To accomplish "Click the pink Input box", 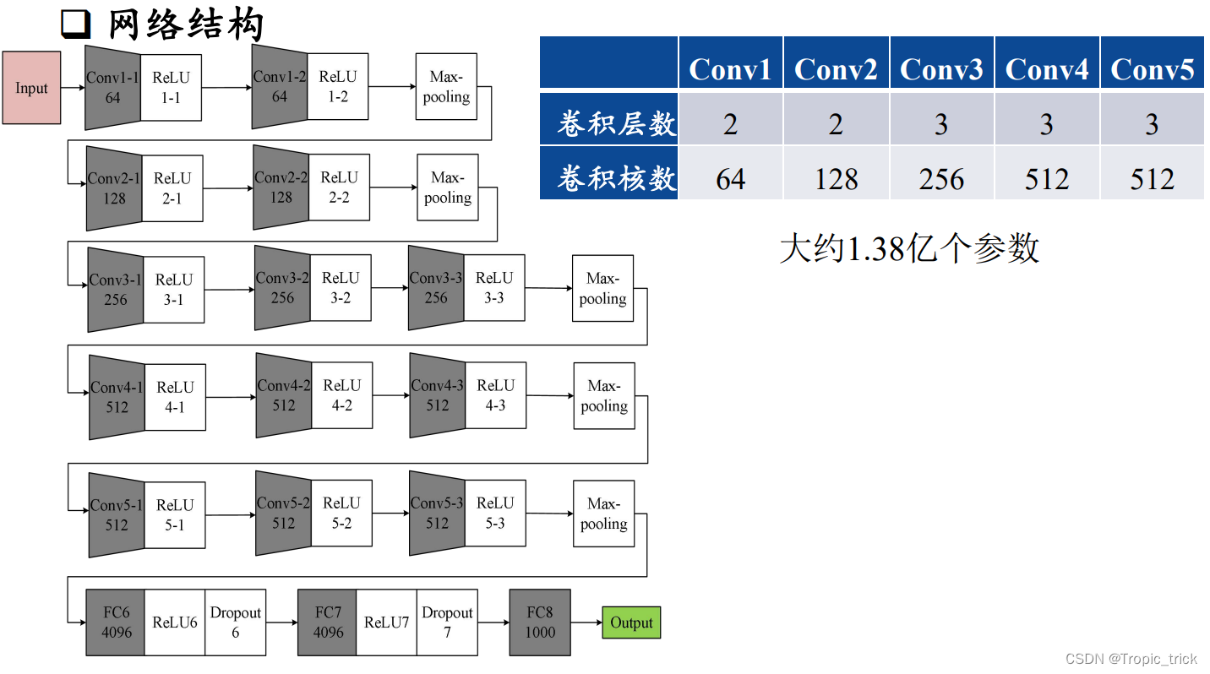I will [x=31, y=88].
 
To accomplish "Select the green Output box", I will [x=631, y=622].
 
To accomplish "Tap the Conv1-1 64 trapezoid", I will [x=112, y=88].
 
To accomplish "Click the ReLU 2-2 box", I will [x=339, y=188].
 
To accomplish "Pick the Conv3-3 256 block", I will [x=436, y=288].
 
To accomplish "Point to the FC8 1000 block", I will [x=540, y=622].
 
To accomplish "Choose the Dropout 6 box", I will [x=235, y=622].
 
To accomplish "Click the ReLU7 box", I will [x=386, y=622].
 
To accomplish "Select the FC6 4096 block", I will [x=116, y=622].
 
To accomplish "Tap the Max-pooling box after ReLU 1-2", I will [x=446, y=87].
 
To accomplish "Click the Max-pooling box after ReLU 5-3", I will [x=603, y=514].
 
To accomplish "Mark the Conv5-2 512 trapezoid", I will [x=283, y=513].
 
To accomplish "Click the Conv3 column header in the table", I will [x=941, y=68].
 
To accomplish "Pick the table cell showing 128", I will [x=836, y=179].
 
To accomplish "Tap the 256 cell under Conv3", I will [x=941, y=179].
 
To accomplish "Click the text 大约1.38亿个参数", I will [x=908, y=248].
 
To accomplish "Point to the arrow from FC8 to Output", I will [x=586, y=622].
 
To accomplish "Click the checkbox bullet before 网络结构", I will [x=76, y=25].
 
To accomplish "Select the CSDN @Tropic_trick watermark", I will [x=1131, y=659].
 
